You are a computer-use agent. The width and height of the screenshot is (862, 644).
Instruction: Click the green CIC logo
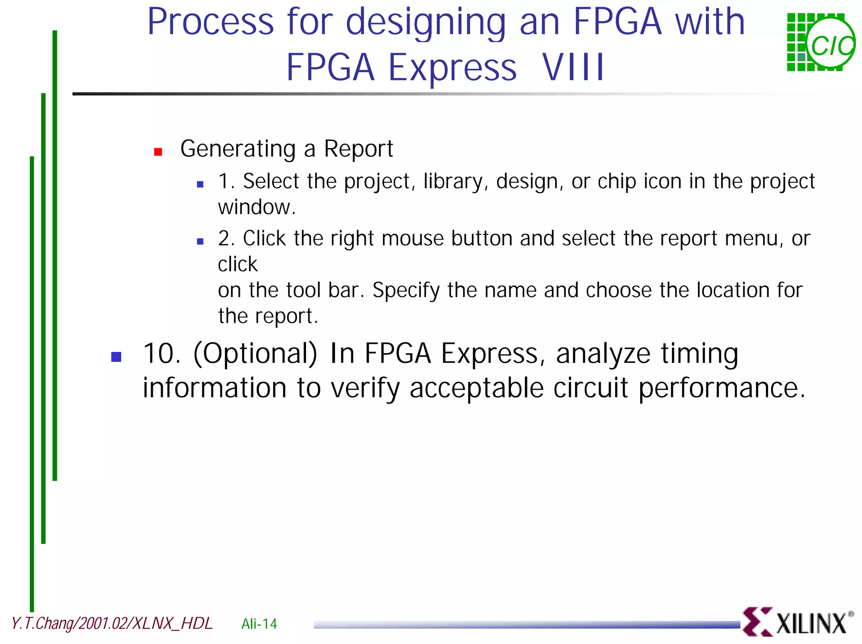pyautogui.click(x=820, y=43)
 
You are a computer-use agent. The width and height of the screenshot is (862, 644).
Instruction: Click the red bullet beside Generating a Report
pyautogui.click(x=158, y=152)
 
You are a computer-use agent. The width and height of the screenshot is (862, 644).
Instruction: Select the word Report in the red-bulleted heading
pyautogui.click(x=358, y=149)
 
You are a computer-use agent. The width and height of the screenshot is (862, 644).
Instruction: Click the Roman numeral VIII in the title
pyautogui.click(x=573, y=67)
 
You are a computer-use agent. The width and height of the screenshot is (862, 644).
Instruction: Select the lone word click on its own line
pyautogui.click(x=237, y=264)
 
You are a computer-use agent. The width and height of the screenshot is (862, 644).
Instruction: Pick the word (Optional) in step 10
pyautogui.click(x=255, y=354)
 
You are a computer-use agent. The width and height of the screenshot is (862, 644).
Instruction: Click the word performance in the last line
pyautogui.click(x=721, y=388)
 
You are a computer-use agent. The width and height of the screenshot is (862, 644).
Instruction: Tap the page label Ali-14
pyautogui.click(x=259, y=623)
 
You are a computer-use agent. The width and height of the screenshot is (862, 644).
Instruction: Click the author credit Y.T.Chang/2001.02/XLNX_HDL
pyautogui.click(x=112, y=623)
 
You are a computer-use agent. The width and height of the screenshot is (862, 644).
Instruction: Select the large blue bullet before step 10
pyautogui.click(x=116, y=357)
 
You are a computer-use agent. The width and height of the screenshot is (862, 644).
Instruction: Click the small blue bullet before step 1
pyautogui.click(x=200, y=184)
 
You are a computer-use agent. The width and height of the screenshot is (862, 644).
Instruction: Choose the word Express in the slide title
pyautogui.click(x=452, y=67)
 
